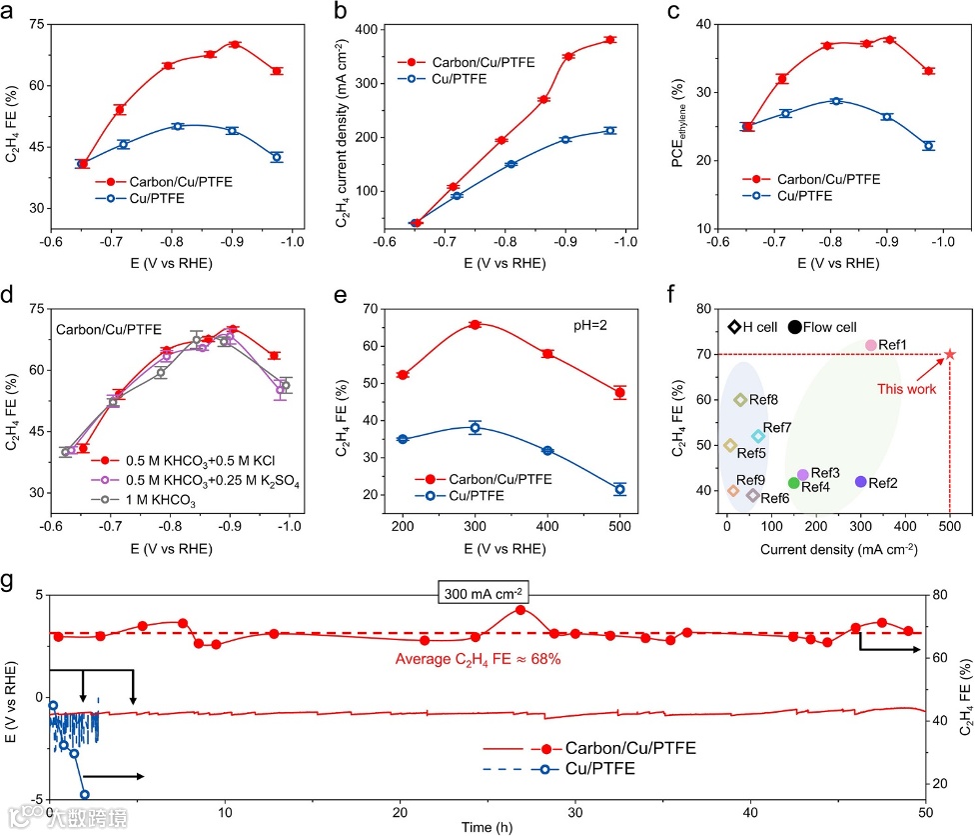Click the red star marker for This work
coord(949,354)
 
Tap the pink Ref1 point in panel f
coord(870,345)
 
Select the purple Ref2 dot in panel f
coord(860,481)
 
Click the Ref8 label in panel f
coord(763,400)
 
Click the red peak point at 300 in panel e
coord(476,324)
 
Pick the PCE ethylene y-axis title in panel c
coord(678,130)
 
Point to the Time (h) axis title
coord(488,826)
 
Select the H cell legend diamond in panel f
coord(734,326)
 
